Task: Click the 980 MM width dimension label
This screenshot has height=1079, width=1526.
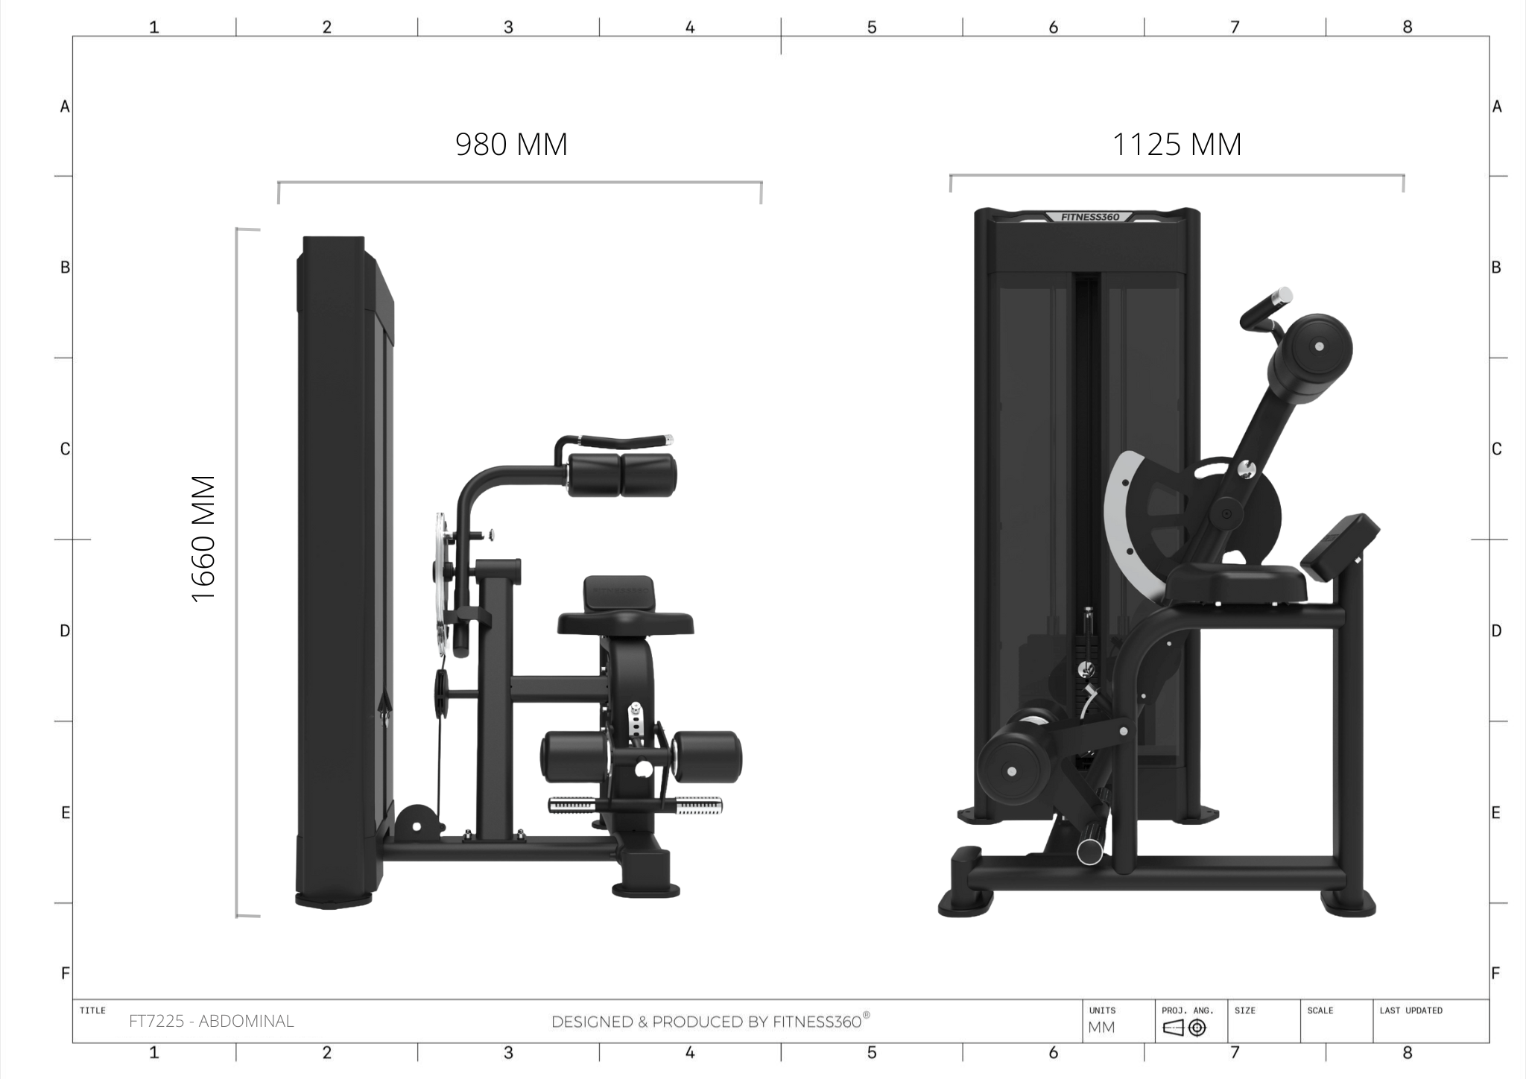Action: point(511,145)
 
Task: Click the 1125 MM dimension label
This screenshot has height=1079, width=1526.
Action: point(1177,145)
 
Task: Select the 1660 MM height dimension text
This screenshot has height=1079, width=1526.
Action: point(203,539)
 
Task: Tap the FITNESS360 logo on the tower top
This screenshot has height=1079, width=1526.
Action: point(1089,217)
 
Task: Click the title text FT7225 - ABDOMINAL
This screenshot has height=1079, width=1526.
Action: point(212,1021)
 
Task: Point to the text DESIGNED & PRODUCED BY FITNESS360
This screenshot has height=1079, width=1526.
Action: point(710,1021)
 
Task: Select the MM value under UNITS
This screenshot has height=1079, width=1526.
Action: point(1101,1028)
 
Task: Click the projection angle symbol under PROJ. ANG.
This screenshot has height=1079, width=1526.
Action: point(1185,1028)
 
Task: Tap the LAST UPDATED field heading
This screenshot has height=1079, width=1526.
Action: point(1411,1010)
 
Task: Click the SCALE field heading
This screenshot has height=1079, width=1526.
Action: point(1320,1010)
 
